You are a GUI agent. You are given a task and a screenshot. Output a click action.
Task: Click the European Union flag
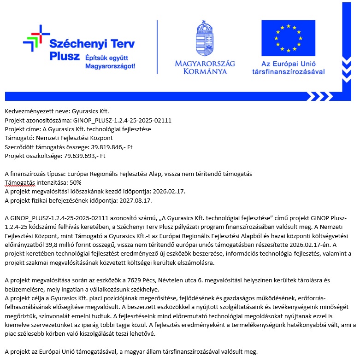(289, 38)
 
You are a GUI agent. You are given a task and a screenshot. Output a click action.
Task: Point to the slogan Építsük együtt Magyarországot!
(110, 62)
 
